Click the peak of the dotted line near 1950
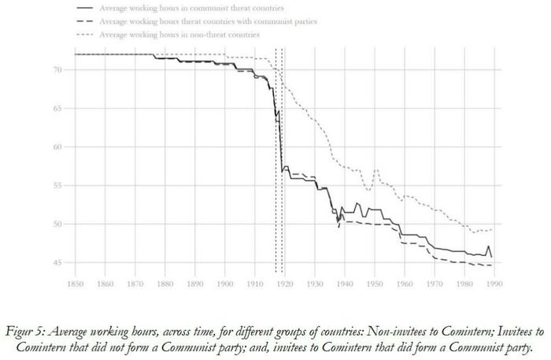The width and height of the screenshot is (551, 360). [376, 169]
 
